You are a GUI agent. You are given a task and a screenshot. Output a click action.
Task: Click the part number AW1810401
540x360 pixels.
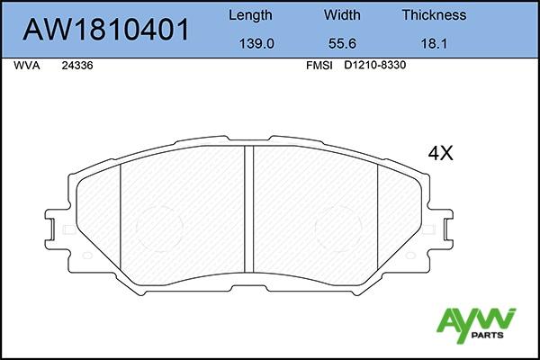coord(105,30)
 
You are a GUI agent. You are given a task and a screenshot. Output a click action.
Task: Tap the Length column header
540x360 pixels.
coord(250,15)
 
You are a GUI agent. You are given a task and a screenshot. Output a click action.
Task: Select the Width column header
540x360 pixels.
coord(342,14)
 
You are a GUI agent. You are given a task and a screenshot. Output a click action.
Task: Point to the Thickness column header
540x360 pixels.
coord(434,14)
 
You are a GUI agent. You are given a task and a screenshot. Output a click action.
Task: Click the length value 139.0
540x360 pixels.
coord(256,44)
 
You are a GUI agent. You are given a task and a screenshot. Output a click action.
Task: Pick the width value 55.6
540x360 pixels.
coord(342,44)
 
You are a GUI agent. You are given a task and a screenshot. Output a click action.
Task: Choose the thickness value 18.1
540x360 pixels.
coord(434,44)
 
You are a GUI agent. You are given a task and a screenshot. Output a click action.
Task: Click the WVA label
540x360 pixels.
coord(27,66)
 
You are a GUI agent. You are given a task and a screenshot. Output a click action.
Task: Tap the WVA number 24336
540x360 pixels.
coord(77,66)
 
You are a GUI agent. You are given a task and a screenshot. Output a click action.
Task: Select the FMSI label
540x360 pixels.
coord(319,66)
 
